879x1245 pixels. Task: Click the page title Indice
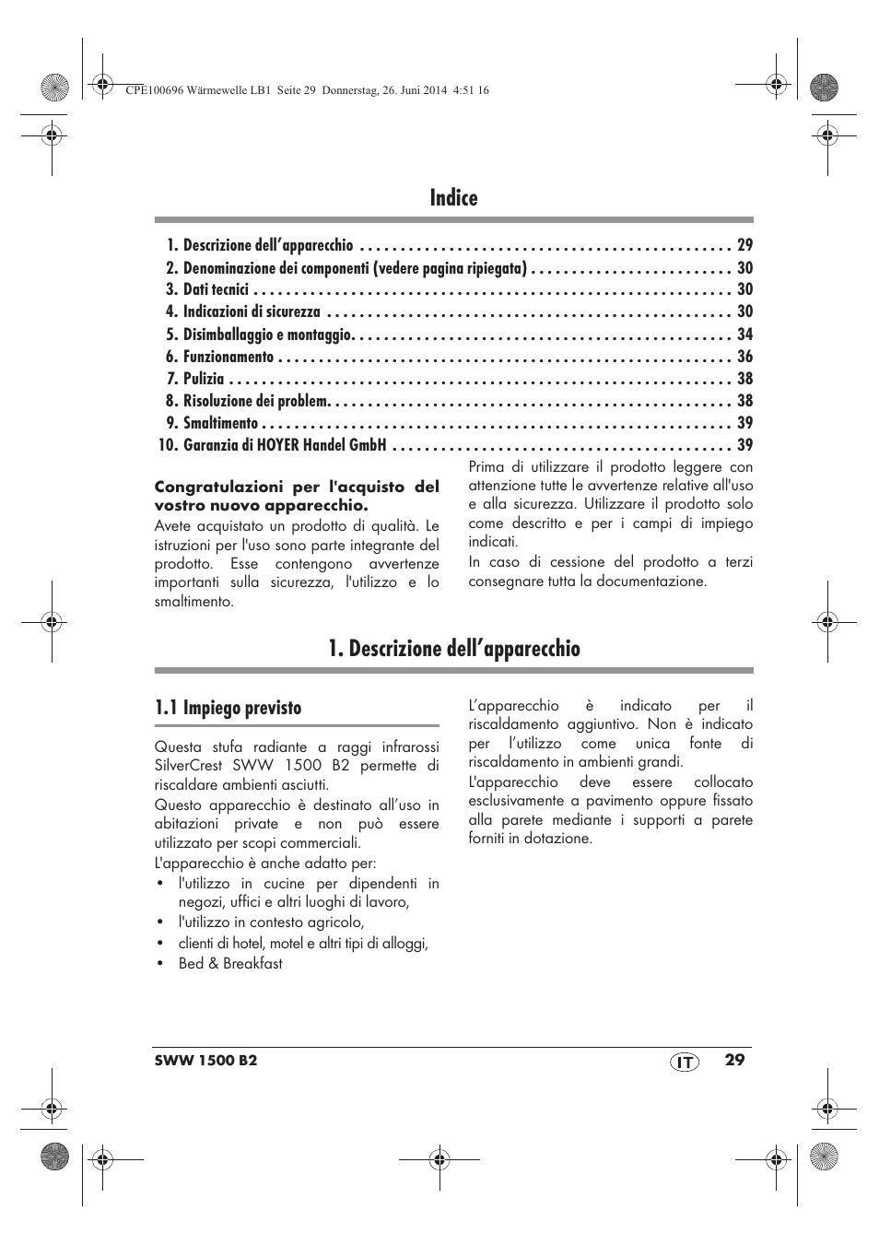coord(453,198)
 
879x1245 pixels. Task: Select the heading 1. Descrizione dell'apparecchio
coord(453,649)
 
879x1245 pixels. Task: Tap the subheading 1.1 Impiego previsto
coord(228,708)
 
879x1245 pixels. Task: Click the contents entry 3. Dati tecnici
coord(207,289)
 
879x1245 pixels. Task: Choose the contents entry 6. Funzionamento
coord(220,357)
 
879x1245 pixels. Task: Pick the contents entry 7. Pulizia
coord(195,379)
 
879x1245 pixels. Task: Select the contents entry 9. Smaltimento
coord(212,423)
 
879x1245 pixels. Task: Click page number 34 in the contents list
coord(744,335)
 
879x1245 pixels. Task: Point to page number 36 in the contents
coord(744,357)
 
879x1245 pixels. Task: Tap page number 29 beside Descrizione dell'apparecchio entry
coord(744,245)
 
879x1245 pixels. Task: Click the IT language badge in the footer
coord(684,1062)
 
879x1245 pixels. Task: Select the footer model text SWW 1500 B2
coord(205,1061)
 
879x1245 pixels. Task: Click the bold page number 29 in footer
coord(733,1060)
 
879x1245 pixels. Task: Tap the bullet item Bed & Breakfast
coord(230,963)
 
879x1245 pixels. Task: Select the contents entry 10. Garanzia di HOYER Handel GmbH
coord(273,445)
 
